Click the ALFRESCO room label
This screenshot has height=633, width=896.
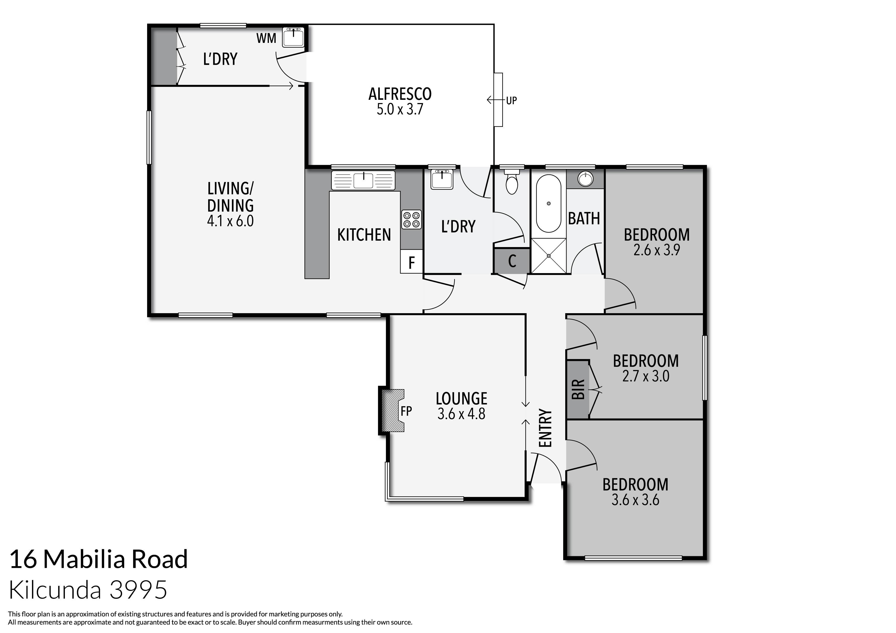click(400, 94)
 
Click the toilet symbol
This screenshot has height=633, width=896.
click(511, 183)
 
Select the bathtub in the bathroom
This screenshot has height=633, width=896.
click(548, 204)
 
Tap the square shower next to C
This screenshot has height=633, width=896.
click(548, 255)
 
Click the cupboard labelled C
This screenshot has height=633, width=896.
click(512, 261)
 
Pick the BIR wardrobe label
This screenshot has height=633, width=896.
click(578, 389)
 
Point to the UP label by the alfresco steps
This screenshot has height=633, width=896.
click(511, 101)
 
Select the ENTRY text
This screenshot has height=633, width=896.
click(545, 428)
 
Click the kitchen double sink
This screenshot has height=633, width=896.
click(363, 180)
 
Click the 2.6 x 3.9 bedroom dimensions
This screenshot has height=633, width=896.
click(656, 250)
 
